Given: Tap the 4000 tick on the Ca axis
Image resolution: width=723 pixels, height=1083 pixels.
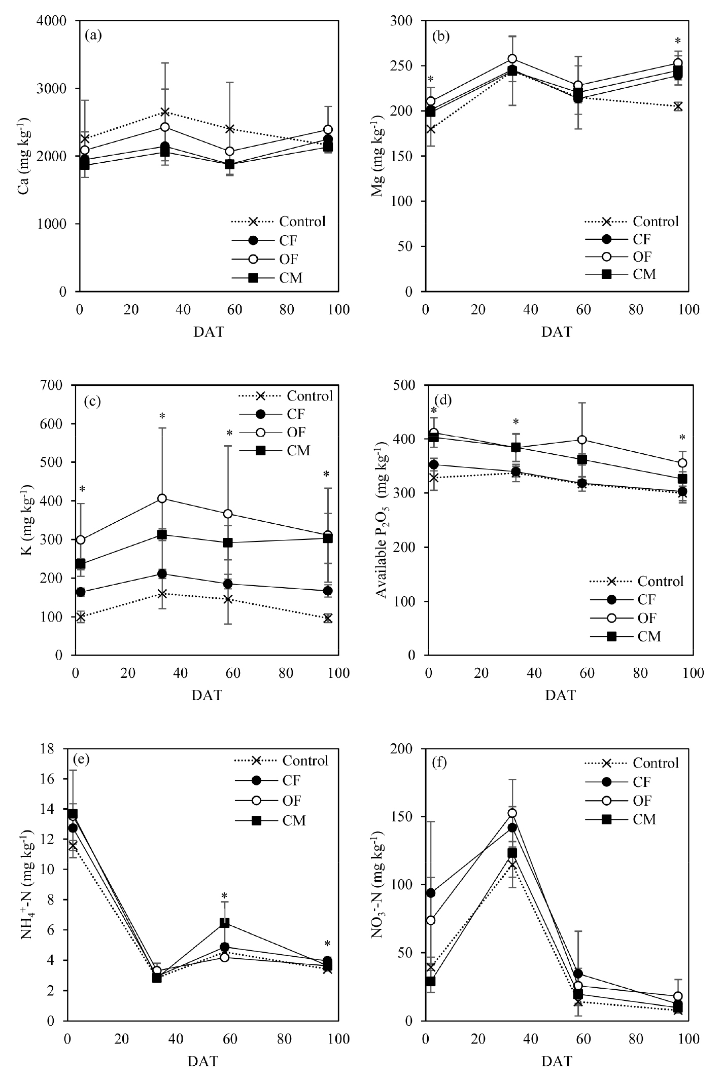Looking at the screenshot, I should pos(55,21).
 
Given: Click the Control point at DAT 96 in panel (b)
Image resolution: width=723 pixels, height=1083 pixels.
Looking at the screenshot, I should pos(678,106).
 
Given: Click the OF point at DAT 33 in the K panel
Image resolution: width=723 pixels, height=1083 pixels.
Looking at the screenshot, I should pos(162,498).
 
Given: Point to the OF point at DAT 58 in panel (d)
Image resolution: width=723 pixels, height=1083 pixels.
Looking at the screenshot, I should pos(582,440).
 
